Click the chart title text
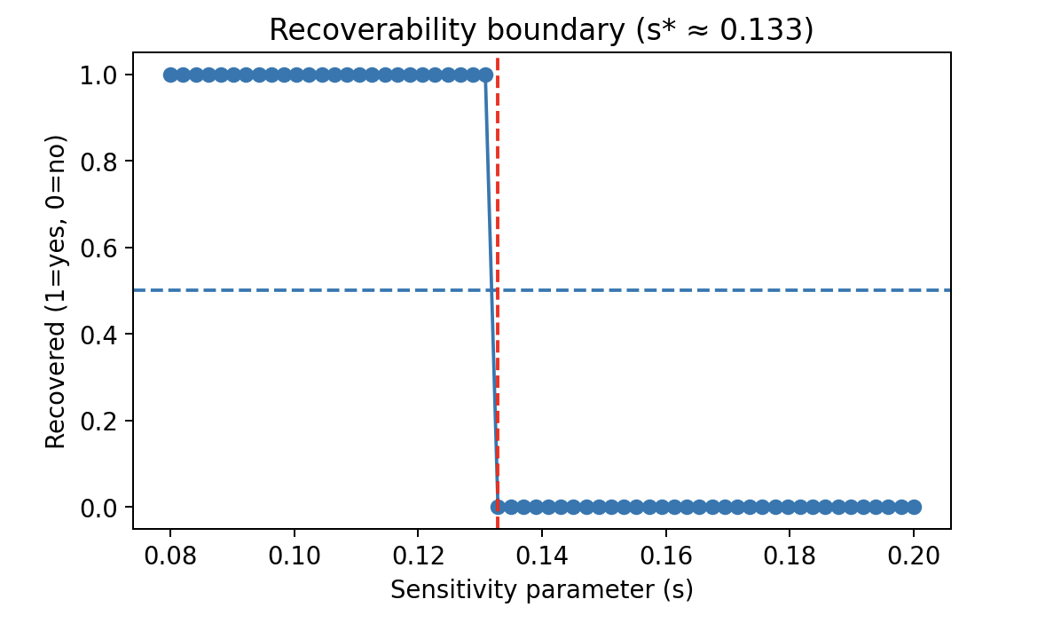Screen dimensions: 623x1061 541,30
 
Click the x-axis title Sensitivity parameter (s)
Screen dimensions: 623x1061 541,589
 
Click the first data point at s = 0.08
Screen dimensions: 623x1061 170,75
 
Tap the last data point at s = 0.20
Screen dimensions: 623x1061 914,507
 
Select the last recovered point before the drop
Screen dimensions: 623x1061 485,75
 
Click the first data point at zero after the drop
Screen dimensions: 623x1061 498,507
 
